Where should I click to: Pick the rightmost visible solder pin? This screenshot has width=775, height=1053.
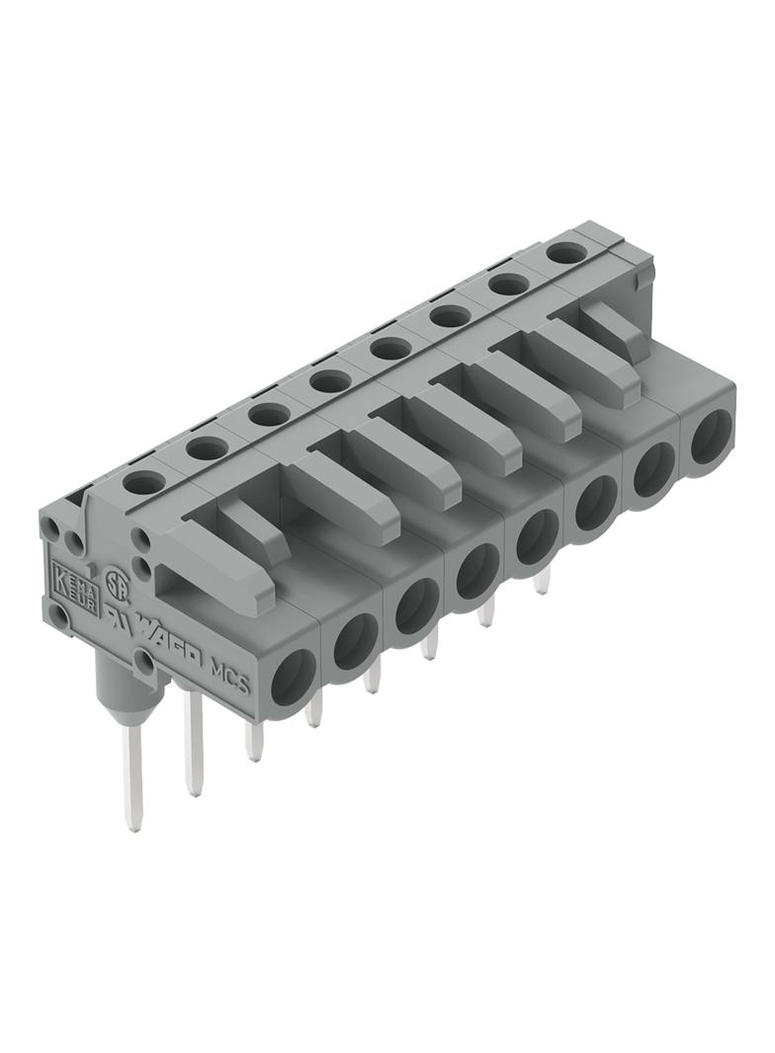[542, 582]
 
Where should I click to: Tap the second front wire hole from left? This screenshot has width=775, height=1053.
[355, 647]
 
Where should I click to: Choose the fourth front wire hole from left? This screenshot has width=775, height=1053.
[476, 572]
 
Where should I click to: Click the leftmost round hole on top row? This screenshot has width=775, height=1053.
[144, 483]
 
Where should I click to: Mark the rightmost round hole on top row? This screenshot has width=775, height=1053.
[563, 253]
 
